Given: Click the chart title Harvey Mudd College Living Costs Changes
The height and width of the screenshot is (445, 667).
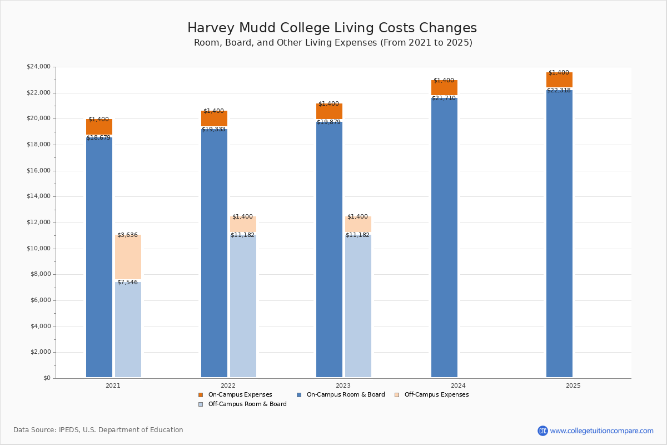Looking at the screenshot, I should tap(332, 28).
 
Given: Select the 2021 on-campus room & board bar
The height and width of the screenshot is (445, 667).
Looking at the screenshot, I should tap(99, 256).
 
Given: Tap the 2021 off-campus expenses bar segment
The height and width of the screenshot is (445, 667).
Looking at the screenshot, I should tap(128, 257).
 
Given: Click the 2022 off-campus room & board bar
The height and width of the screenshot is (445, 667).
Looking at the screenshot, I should tap(243, 306).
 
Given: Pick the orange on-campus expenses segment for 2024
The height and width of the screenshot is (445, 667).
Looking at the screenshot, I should tap(444, 88).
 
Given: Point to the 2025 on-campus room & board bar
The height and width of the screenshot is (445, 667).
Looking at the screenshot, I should tap(559, 234).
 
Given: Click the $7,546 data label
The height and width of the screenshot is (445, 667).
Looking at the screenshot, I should tap(127, 283).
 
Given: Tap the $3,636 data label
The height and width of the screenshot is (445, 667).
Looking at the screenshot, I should tap(127, 235).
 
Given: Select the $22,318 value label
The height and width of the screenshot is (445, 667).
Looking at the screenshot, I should tap(559, 91).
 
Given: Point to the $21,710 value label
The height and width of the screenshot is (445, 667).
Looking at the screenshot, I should tap(444, 98).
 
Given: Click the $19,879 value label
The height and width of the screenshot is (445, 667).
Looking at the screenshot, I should tap(328, 122).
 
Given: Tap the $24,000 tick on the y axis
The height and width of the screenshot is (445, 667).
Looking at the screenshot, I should tap(38, 67).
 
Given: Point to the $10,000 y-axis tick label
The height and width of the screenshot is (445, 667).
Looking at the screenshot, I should tap(38, 249).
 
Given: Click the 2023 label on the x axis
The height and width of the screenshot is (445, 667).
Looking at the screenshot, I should tap(343, 385).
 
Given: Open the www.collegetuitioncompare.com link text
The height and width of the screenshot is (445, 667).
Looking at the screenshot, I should tap(601, 431).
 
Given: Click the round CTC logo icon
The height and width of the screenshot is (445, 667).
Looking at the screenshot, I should tap(542, 431).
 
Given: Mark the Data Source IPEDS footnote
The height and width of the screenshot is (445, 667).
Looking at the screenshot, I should tap(98, 430).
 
